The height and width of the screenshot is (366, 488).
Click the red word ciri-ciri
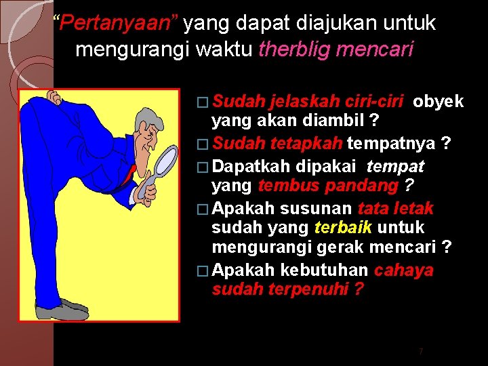(375, 102)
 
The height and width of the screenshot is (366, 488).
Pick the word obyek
(439, 102)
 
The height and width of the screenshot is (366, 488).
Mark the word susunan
(316, 209)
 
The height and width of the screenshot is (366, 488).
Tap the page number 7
(420, 351)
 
